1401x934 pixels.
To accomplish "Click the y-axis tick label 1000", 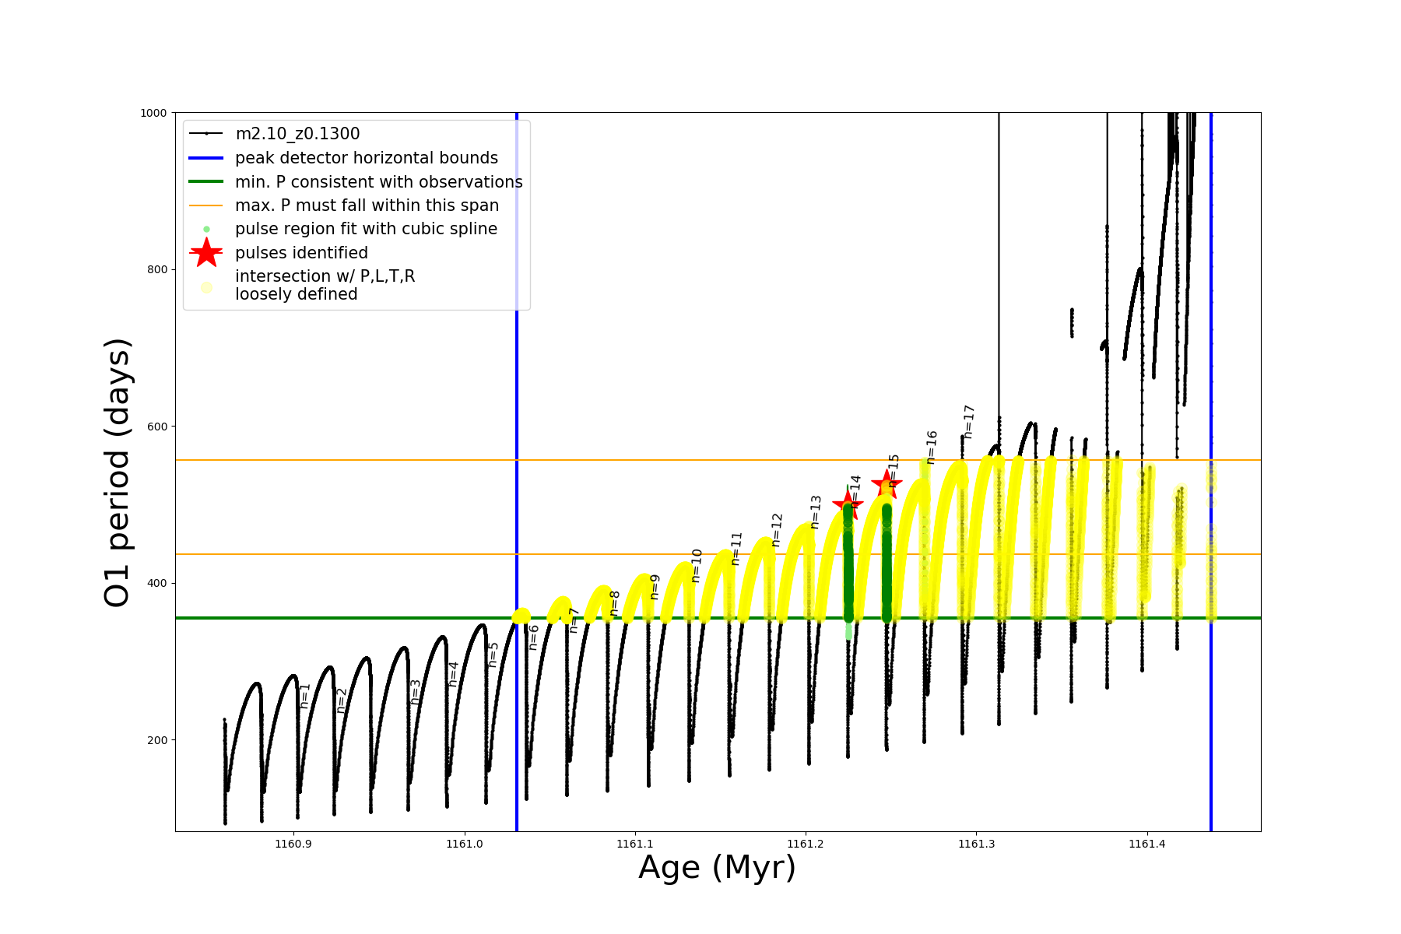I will (153, 113).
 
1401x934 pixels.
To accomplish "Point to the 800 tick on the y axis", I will (157, 269).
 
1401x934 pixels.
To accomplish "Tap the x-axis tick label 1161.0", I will (465, 844).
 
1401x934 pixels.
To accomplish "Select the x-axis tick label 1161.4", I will (1146, 844).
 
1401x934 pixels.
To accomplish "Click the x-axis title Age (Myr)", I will (717, 867).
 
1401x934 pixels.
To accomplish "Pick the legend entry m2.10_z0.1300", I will (297, 134).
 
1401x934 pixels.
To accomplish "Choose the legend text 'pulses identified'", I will (301, 253).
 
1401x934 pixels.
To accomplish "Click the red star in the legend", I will (206, 252).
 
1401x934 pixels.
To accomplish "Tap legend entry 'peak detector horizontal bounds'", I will (366, 158).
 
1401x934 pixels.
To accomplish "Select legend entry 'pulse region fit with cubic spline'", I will (366, 229).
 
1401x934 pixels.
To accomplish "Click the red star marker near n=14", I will (848, 504).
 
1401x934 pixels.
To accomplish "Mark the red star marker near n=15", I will (887, 484).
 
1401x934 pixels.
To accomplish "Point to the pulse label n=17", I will (969, 421).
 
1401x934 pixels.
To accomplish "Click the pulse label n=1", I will (305, 695).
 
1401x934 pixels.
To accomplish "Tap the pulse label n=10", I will (697, 565).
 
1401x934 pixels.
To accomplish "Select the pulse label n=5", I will (493, 655).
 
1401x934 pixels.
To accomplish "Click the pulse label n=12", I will (777, 529).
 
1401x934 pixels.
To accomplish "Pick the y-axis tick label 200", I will (157, 740).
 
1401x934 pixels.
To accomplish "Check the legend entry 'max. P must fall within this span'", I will (367, 205).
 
